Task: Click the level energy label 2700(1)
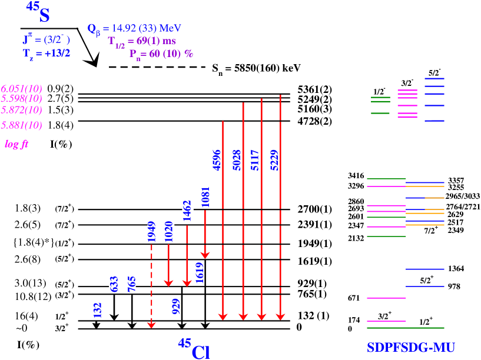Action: (317, 209)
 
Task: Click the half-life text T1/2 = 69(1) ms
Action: (141, 41)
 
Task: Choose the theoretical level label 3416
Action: (357, 175)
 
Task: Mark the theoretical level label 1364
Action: (456, 269)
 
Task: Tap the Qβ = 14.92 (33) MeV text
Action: (134, 28)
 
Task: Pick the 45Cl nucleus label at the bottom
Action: (194, 348)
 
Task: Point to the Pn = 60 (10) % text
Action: (161, 54)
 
